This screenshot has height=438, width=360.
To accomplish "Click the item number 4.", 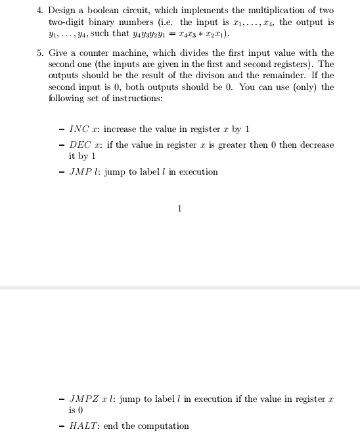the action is pyautogui.click(x=39, y=11).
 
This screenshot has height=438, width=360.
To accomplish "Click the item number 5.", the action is pyautogui.click(x=39, y=53).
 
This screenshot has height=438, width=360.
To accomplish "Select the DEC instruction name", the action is pyautogui.click(x=81, y=145).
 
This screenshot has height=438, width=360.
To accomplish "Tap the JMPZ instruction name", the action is pyautogui.click(x=83, y=399).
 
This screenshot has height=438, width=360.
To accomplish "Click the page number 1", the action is pyautogui.click(x=179, y=209).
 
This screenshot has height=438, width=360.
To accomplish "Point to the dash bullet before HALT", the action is pyautogui.click(x=61, y=426).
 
